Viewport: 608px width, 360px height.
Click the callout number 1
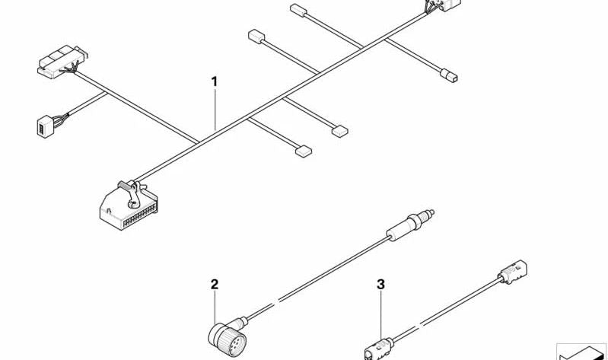coord(214,82)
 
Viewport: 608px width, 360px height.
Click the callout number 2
coord(215,285)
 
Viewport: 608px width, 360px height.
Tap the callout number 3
coord(380,285)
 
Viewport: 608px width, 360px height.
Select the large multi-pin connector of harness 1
coord(129,206)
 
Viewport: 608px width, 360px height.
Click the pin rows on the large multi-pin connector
coord(139,216)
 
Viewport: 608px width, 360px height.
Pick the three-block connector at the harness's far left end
coord(62,62)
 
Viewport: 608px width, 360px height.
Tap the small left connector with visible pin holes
coord(45,126)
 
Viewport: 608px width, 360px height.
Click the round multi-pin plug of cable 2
coord(228,338)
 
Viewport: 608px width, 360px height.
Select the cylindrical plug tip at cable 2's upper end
coord(411,225)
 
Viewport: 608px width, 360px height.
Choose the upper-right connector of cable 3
coord(512,270)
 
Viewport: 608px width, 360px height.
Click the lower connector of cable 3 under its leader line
coord(378,349)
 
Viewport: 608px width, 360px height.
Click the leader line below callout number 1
coord(215,110)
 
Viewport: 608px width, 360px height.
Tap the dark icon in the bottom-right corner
coord(581,352)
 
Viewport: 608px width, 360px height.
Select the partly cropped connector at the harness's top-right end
coord(441,6)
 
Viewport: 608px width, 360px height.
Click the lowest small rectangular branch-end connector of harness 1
coord(304,151)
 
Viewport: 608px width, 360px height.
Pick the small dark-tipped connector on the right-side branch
coord(449,75)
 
